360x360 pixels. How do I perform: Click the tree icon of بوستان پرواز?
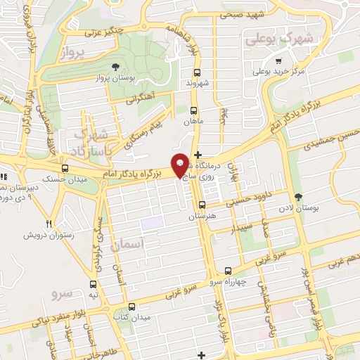115,67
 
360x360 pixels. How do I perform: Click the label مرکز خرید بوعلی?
278,72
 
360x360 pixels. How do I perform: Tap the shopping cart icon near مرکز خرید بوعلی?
278,61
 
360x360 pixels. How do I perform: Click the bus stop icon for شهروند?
196,73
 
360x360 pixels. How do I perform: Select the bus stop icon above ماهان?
195,110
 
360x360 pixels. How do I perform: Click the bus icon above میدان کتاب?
131,307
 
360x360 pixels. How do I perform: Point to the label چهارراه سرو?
226,281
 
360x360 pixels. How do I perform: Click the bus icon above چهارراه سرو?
227,271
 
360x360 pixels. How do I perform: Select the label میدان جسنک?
65,179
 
